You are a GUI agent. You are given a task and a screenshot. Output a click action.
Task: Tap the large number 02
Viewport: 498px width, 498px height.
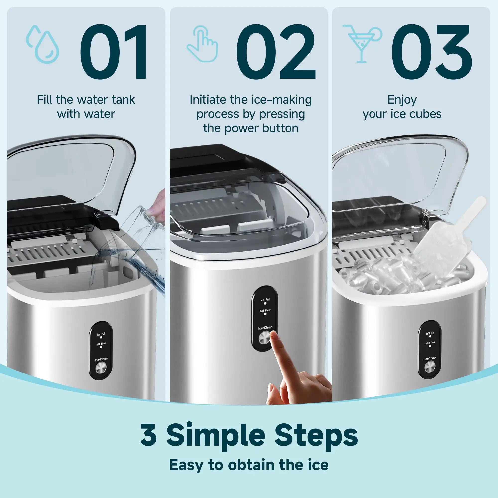[x=276, y=52]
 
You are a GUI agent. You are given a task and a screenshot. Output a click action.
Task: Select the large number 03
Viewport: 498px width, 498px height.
[x=432, y=52]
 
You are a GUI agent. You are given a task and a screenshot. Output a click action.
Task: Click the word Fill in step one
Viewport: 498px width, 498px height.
[x=45, y=100]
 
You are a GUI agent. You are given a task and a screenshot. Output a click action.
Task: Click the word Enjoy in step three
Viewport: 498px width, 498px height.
[x=402, y=100]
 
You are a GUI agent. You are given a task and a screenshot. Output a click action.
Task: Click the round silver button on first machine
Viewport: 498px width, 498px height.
[x=101, y=368]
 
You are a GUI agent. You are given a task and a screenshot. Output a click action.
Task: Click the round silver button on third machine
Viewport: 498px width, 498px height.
[x=430, y=367]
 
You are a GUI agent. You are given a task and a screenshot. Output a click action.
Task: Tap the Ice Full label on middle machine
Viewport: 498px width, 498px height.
[x=265, y=300]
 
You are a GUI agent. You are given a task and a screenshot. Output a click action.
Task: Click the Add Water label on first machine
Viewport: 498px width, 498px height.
[x=101, y=344]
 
